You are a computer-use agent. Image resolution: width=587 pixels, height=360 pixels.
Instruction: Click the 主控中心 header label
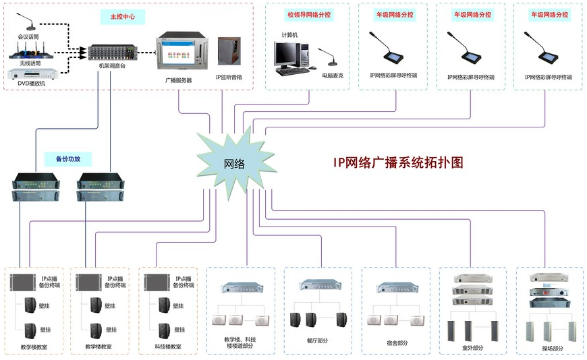click(x=122, y=17)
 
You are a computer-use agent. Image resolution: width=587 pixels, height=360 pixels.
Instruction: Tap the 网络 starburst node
click(x=235, y=163)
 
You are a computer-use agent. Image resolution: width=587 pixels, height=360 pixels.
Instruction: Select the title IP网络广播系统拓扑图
click(x=398, y=162)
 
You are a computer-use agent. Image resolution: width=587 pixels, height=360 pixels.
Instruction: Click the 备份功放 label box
click(x=68, y=159)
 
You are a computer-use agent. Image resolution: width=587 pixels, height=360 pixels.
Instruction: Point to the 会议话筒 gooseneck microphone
click(x=26, y=22)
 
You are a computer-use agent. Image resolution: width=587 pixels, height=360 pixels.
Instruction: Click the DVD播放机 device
click(x=33, y=74)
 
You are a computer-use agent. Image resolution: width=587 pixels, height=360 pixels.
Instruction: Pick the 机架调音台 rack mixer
click(x=112, y=53)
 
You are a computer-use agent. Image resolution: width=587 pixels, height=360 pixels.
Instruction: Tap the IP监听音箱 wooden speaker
click(x=229, y=51)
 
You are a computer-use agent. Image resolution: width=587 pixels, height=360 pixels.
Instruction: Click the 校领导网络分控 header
click(x=309, y=15)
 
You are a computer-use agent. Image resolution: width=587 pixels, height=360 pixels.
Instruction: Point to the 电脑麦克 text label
click(x=333, y=76)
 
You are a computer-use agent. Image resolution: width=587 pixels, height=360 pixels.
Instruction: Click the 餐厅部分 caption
click(x=318, y=340)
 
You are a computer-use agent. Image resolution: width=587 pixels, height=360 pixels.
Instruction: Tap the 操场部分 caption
click(x=553, y=349)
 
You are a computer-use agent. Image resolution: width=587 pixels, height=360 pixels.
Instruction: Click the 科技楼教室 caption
click(x=168, y=347)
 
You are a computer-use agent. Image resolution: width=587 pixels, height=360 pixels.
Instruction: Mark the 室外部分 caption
click(x=472, y=348)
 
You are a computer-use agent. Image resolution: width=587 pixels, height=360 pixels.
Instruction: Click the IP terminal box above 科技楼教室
click(x=157, y=282)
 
